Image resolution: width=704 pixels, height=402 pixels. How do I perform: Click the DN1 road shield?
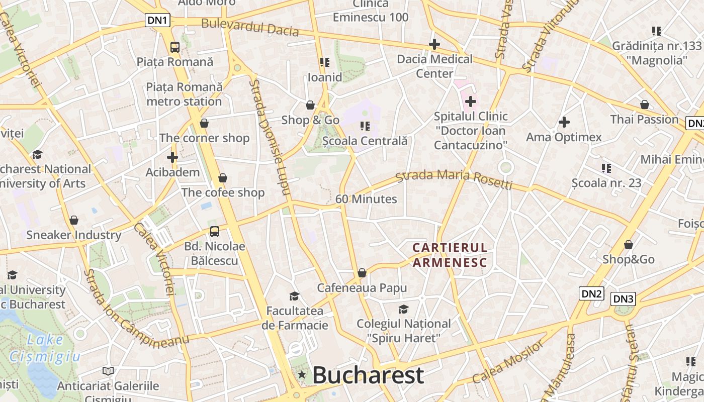pos(158,20)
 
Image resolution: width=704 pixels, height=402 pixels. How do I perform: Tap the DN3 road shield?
pos(623,299)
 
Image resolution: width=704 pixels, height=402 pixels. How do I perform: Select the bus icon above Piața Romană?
pos(174,47)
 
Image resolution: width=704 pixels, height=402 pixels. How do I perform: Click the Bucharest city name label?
pos(368,375)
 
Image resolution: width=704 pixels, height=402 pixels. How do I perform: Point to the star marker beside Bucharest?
pos(302,374)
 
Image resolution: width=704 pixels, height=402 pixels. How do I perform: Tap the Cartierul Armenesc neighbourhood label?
pos(450,255)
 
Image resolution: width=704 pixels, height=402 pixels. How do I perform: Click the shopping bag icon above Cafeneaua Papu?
pos(362,273)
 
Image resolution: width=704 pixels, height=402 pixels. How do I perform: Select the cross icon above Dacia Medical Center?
pos(434,44)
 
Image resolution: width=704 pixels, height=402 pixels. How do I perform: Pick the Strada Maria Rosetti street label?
pos(454,180)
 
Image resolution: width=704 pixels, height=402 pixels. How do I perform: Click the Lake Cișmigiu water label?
pos(45,348)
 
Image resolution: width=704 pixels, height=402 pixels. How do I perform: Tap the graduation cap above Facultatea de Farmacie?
pos(294,296)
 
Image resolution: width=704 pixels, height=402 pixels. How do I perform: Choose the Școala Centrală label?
pos(365,141)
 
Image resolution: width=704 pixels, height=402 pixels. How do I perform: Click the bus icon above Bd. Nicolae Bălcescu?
pos(215,232)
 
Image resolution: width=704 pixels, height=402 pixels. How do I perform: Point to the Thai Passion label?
pos(644,119)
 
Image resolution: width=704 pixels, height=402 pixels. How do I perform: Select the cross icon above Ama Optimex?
pos(564,122)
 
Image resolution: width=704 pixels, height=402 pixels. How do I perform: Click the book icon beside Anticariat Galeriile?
pos(108,371)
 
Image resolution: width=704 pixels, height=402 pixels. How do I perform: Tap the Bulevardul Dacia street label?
pos(250,27)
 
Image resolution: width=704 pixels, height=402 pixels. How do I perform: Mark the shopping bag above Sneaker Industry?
pos(74,220)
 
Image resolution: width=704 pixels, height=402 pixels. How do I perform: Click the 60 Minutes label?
pos(366,199)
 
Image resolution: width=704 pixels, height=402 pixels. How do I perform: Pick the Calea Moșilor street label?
pos(508,362)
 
